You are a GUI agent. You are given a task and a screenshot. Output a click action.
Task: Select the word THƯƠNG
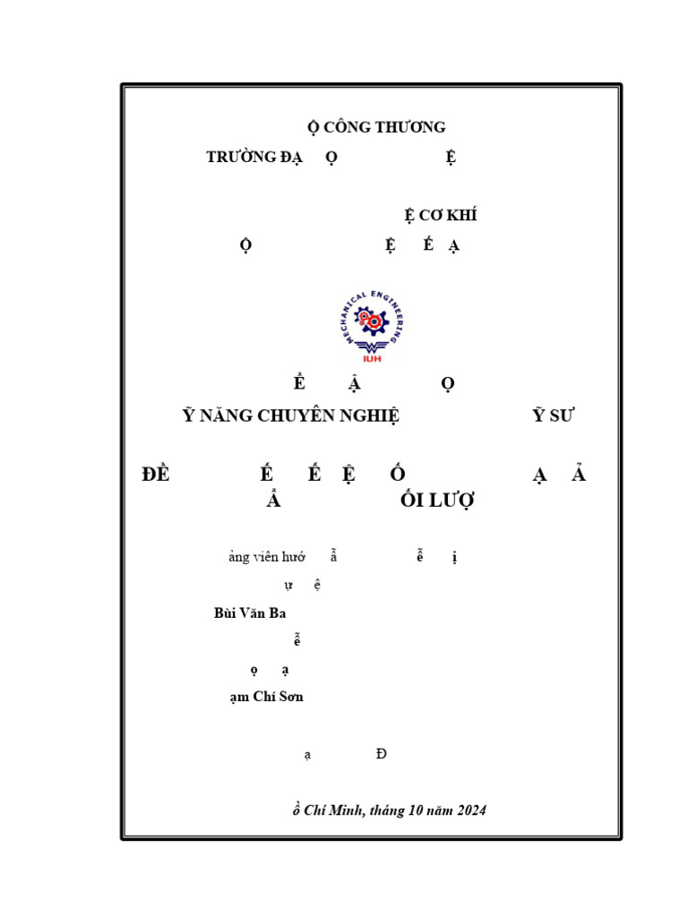pos(410,127)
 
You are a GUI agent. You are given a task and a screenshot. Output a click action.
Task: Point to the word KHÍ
pos(462,216)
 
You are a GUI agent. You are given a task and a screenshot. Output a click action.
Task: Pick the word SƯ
pos(563,415)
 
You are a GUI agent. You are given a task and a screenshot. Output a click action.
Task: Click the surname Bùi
pos(226,613)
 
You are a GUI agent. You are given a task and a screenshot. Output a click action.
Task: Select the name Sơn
pos(290,697)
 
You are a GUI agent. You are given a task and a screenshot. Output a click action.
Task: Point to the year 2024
pos(470,810)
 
